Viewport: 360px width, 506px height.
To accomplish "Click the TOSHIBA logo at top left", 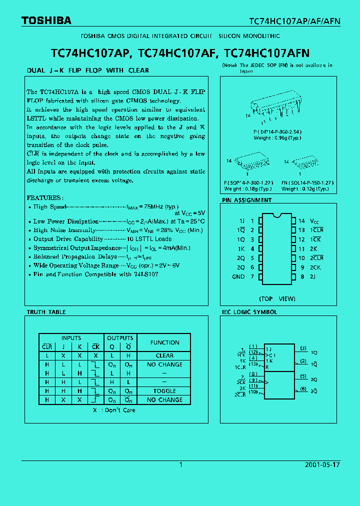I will [x=46, y=20].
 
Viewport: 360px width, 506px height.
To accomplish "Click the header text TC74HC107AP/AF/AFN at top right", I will [x=295, y=21].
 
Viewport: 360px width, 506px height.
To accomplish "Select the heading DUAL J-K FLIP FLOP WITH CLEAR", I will [x=87, y=70].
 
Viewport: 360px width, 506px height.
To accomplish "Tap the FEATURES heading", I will [x=45, y=198].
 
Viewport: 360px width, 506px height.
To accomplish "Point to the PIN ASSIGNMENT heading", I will [x=246, y=200].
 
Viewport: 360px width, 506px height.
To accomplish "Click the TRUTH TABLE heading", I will [x=46, y=312].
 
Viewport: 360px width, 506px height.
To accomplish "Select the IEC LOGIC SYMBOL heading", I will [x=249, y=312].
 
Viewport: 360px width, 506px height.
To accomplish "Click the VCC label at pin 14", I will [x=314, y=221].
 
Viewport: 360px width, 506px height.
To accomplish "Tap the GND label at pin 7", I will [x=238, y=276].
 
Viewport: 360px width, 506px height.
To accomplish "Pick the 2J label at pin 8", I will [x=313, y=276].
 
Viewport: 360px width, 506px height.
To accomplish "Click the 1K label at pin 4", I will [x=241, y=248].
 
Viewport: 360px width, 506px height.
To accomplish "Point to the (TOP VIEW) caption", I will [x=277, y=298].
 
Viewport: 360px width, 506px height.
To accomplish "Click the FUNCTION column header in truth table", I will [x=164, y=342].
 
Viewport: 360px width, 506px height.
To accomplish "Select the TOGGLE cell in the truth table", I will [x=164, y=391].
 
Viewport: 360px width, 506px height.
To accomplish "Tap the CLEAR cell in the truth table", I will [x=164, y=355].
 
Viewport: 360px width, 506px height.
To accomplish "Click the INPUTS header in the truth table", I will [x=71, y=338].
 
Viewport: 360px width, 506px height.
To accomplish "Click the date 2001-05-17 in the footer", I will [x=322, y=464].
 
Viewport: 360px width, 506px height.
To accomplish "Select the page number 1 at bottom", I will [x=180, y=464].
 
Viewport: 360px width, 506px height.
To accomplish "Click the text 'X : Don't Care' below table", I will [x=113, y=410].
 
